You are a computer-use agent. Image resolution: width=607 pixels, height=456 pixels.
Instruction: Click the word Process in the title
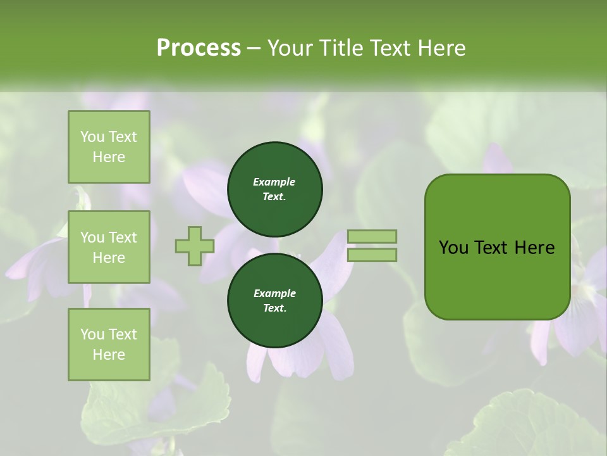199,48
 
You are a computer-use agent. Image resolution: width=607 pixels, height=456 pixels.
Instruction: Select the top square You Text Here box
109,147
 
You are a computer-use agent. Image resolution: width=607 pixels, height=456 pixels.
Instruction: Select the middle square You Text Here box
109,247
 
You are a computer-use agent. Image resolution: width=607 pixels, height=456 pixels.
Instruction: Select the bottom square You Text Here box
109,345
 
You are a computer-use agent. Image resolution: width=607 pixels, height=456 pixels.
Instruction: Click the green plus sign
195,246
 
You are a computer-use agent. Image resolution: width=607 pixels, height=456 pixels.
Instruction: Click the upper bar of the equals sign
372,236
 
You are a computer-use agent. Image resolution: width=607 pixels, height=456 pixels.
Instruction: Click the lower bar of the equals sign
372,255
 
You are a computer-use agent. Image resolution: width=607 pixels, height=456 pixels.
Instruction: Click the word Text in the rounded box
496,248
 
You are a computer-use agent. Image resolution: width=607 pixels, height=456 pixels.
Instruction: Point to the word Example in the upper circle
274,182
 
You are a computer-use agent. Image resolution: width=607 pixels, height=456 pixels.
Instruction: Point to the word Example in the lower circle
274,293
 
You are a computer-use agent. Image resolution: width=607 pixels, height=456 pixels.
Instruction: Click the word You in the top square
92,137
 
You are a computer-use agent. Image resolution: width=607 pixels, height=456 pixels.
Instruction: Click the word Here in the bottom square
109,355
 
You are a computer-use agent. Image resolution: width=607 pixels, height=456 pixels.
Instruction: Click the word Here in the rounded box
535,248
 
